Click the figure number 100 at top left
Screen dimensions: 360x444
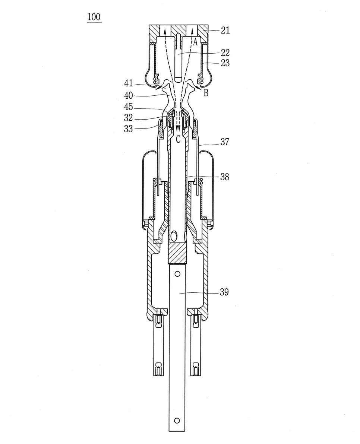click(x=94, y=17)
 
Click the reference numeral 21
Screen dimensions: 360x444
click(x=225, y=30)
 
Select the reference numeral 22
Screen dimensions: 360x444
click(x=225, y=53)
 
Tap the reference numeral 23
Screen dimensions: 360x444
click(x=225, y=63)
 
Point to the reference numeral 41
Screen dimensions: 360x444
click(x=128, y=83)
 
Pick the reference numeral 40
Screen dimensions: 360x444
click(x=128, y=95)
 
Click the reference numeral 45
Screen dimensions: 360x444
click(x=128, y=107)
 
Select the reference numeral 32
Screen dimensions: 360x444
click(x=128, y=118)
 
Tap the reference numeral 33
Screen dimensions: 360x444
click(x=128, y=129)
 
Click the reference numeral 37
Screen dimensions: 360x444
click(x=225, y=142)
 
